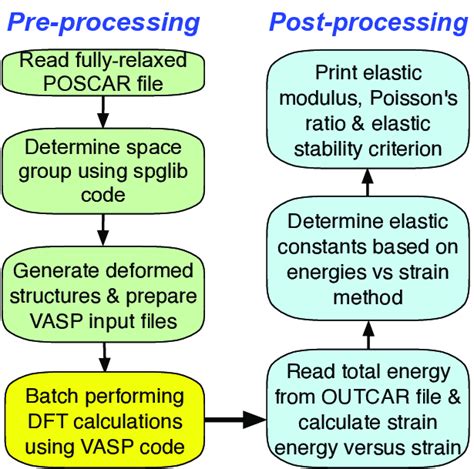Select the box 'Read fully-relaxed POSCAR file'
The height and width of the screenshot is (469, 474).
tap(105, 72)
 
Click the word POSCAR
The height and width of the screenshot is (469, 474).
tap(76, 83)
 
